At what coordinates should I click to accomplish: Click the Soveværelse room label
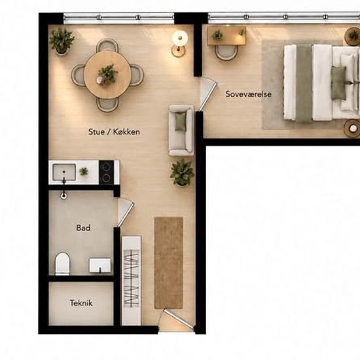tap(249, 94)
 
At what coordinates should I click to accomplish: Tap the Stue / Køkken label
tap(114, 132)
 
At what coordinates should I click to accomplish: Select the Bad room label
tap(83, 228)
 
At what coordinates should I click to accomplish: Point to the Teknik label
tap(81, 303)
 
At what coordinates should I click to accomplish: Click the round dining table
tap(107, 75)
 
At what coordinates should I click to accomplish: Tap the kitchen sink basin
tap(64, 172)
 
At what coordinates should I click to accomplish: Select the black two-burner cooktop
tap(106, 172)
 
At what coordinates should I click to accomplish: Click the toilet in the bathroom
tap(62, 264)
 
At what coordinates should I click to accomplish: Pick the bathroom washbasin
tap(100, 265)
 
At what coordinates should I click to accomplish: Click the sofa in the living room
tap(181, 130)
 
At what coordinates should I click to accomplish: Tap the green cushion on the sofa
tap(180, 122)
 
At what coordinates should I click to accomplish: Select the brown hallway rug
tap(168, 263)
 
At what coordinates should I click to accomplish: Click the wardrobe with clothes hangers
tap(132, 280)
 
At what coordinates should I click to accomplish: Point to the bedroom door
tap(207, 95)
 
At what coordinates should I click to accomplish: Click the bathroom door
tap(126, 212)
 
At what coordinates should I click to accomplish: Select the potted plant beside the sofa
tap(182, 172)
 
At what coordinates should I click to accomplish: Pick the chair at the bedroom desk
tap(226, 52)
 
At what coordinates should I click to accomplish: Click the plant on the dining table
tap(107, 74)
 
